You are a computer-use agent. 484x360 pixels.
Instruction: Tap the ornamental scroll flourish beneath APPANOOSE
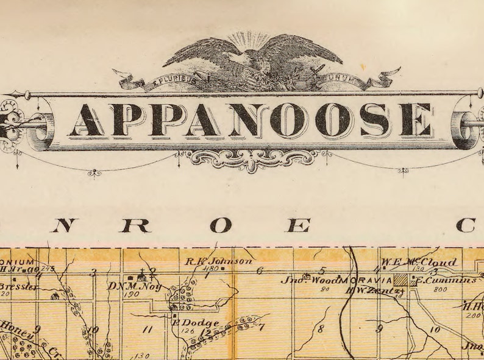pyautogui.click(x=252, y=159)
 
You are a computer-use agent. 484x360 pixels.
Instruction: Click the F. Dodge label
pyautogui.click(x=194, y=323)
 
